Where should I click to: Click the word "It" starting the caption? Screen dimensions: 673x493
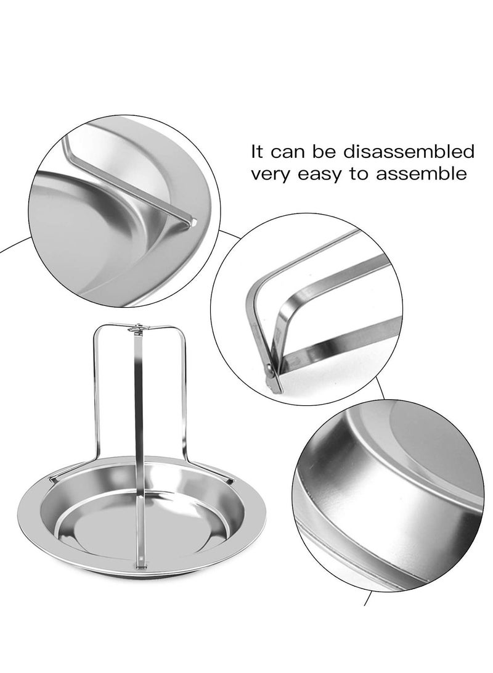tap(258, 152)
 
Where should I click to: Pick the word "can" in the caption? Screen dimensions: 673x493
tap(290, 152)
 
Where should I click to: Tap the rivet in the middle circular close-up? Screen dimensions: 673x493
tap(269, 370)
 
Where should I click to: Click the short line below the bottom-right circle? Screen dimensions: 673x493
tap(369, 598)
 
